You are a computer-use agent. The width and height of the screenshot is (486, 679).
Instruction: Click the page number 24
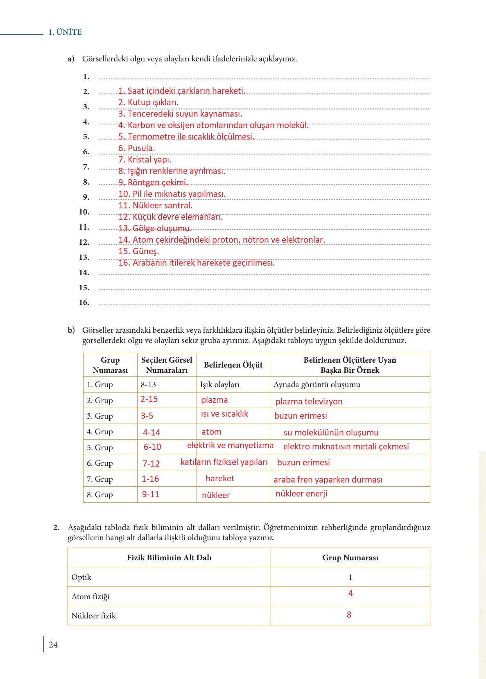coord(53,645)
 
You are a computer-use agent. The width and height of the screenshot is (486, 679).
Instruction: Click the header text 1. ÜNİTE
coord(65,32)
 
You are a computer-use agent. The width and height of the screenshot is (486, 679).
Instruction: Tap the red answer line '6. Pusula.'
coord(137,148)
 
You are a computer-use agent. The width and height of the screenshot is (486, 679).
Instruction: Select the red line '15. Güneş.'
coord(139,251)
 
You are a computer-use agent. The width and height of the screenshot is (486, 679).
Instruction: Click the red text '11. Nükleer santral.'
coord(156,205)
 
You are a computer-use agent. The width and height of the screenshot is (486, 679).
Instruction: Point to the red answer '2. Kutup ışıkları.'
coord(149,102)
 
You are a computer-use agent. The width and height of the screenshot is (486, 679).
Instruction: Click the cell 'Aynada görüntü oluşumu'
coord(317,385)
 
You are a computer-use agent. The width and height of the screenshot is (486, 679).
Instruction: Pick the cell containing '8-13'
coord(148,385)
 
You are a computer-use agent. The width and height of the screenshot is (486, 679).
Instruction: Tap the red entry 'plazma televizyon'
coord(309,402)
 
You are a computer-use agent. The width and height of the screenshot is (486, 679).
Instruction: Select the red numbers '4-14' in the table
coord(151,433)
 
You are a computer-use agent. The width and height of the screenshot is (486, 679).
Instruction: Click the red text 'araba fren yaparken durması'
coord(328,480)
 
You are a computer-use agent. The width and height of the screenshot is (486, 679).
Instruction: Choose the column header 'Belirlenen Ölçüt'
coord(233,365)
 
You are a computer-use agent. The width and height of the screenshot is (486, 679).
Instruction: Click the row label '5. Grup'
coord(99,448)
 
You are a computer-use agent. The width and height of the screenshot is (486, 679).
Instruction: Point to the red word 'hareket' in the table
coord(220,478)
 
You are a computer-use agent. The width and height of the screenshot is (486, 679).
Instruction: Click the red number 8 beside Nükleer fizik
coord(349,615)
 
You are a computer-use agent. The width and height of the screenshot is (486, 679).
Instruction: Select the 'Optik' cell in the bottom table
coord(81,577)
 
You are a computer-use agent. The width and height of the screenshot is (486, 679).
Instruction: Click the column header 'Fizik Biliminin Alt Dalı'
coord(169,558)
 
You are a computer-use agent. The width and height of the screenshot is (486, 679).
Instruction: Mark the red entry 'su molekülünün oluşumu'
coord(331,433)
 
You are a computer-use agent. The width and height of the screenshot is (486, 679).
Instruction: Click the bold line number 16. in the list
coord(84,302)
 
